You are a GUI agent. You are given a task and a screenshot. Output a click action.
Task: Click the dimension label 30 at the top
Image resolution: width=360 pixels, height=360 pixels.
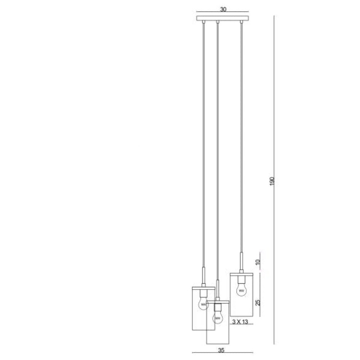(x=223, y=9)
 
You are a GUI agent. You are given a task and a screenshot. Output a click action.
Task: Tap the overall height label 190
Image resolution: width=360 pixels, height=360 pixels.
(x=272, y=181)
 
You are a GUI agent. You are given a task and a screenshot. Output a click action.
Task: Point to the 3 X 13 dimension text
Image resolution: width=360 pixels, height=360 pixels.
(x=240, y=321)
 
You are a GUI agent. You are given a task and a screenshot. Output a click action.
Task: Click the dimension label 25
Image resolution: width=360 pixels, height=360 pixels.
(x=258, y=302)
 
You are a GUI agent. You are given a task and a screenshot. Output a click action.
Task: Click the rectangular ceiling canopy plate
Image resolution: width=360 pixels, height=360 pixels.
(x=223, y=18)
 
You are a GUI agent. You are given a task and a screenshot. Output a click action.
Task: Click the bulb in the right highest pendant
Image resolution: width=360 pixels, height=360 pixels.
(x=241, y=290)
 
